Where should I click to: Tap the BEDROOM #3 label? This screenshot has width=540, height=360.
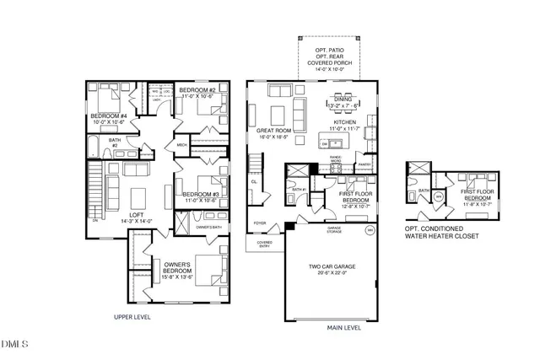pos(201,195)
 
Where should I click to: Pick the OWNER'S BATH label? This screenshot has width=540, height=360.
pos(208,228)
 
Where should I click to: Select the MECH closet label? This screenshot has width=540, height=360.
pos(181,146)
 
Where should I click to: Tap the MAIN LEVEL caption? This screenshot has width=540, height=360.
pos(343,328)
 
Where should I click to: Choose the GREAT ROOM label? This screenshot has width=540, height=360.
pos(274,132)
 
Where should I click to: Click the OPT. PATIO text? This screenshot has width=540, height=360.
pos(330,52)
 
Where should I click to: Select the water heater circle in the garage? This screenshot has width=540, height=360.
pos(368,228)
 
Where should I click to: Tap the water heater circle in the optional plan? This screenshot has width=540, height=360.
pos(440,197)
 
